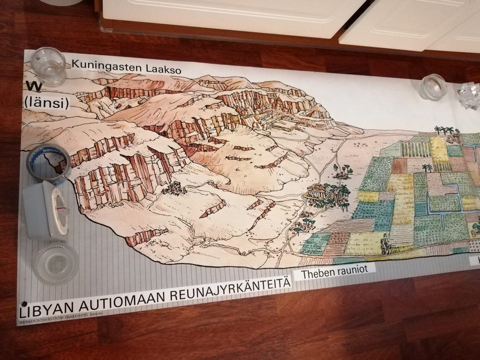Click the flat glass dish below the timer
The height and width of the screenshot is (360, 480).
[55, 262]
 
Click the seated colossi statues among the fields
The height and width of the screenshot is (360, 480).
[385, 244]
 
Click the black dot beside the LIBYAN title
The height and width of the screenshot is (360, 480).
[23, 303]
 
